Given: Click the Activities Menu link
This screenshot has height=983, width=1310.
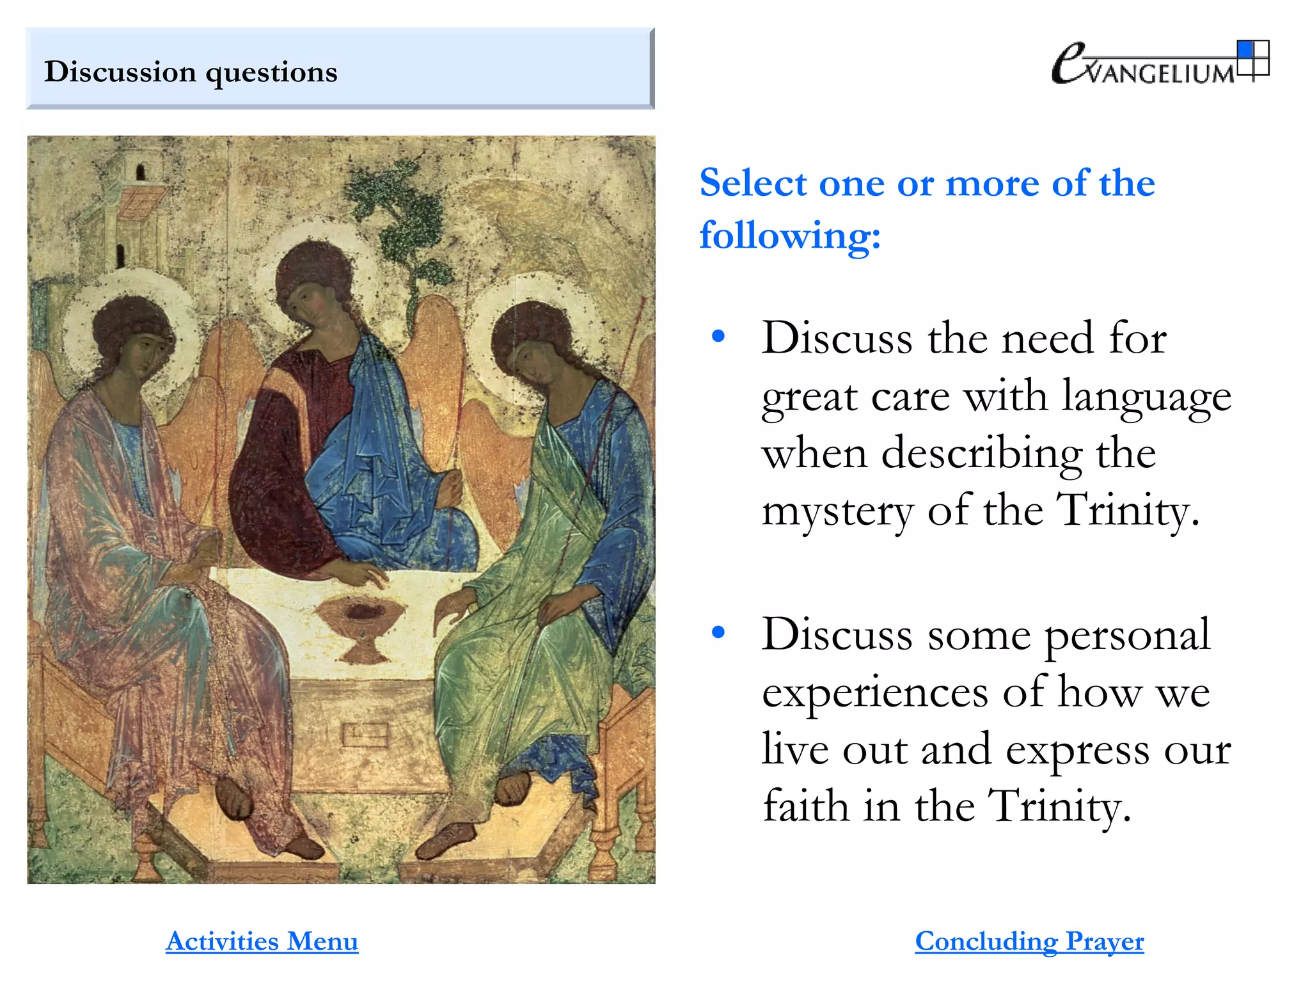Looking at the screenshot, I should click(262, 941).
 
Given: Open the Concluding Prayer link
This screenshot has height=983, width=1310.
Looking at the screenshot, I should click(1029, 941).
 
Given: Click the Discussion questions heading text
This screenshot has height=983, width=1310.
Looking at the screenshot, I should click(191, 72).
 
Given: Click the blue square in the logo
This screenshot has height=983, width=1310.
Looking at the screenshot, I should click(1245, 49).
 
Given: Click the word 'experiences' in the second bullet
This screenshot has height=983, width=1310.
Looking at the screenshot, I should click(875, 692).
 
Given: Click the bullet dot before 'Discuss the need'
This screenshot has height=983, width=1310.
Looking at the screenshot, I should click(718, 336).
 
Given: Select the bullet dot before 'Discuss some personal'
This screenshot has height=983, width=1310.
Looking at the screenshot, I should click(718, 632).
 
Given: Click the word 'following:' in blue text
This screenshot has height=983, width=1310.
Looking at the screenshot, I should click(790, 236).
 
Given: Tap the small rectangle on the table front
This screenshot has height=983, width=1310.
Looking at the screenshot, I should click(365, 734).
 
